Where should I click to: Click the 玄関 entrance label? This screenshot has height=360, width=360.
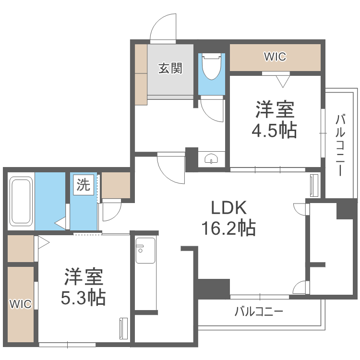pos(170,69)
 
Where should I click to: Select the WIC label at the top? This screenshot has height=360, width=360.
pos(275,57)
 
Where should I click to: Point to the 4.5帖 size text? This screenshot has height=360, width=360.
pos(275,130)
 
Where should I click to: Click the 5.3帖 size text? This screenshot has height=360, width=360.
pos(83,298)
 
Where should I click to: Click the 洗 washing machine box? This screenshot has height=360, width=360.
pos(84,185)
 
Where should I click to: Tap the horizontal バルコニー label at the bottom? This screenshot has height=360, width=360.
pos(259,312)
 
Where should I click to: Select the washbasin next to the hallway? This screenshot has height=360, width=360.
pos(212,159)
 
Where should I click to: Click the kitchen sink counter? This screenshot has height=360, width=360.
pos(145,274)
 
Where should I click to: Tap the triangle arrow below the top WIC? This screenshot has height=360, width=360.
pos(282,82)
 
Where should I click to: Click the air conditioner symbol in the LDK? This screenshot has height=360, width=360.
pos(314,185)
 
